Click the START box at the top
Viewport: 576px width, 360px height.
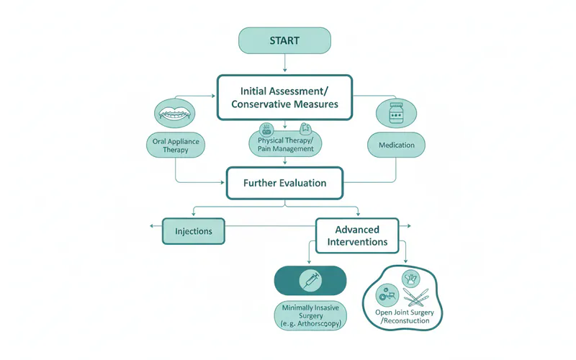tap(284, 40)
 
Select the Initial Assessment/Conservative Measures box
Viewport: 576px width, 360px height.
tap(284, 97)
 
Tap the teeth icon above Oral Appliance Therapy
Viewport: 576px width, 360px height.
tap(175, 114)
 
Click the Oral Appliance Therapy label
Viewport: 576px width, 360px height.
tap(175, 146)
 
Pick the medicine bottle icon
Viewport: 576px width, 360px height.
tap(395, 114)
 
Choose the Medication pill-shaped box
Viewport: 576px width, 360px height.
tap(396, 145)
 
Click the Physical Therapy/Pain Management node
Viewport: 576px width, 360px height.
tap(284, 142)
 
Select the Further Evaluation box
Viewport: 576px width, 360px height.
tap(284, 183)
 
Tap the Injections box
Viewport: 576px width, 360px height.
tap(194, 232)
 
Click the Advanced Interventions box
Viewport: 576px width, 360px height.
tap(356, 235)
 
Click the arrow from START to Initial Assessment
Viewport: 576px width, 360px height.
tap(285, 63)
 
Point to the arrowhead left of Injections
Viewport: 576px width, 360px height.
tap(152, 227)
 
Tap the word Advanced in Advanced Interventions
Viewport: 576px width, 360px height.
tap(356, 229)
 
